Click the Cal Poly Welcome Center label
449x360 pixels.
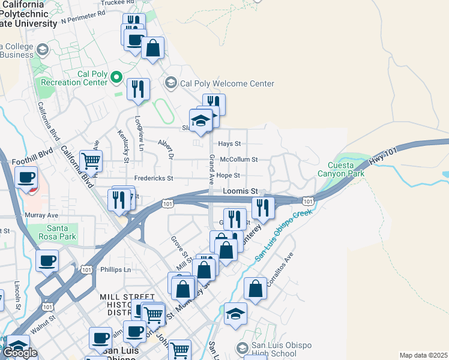pyautogui.click(x=227, y=84)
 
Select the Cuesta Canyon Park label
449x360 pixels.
pyautogui.click(x=346, y=169)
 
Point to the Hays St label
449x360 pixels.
pyautogui.click(x=229, y=144)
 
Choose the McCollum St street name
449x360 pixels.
pyautogui.click(x=238, y=160)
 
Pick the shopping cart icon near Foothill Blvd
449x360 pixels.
pyautogui.click(x=91, y=161)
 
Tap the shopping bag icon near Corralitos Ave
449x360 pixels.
pyautogui.click(x=256, y=288)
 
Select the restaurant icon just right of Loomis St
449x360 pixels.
pyautogui.click(x=263, y=207)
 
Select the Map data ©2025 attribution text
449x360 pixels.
pyautogui.click(x=423, y=355)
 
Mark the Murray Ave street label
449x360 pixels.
pyautogui.click(x=41, y=215)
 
